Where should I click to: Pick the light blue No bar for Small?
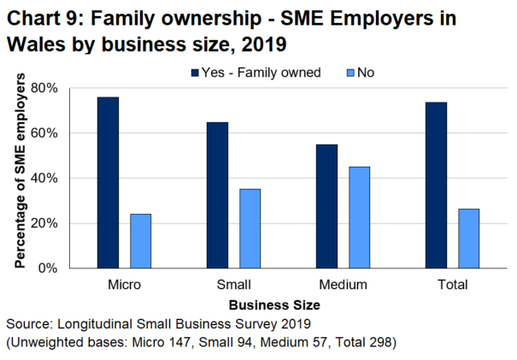click(250, 228)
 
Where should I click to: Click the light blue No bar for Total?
click(468, 239)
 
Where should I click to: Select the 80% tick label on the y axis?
click(44, 88)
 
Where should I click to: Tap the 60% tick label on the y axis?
click(44, 133)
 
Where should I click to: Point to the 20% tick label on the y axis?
click(44, 223)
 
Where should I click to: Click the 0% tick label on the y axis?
click(47, 268)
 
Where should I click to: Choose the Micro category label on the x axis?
click(125, 284)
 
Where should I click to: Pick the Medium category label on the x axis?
click(343, 284)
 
